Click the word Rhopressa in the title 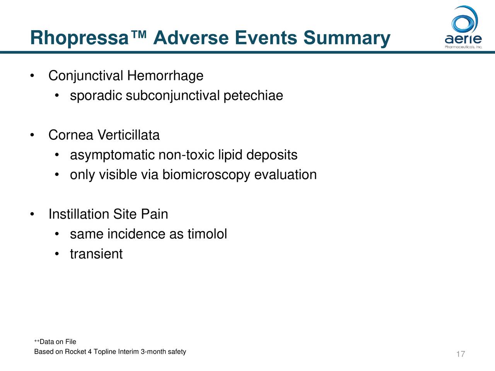point(79,39)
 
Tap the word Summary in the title point(346,39)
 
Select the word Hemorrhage point(165,76)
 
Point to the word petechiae point(253,95)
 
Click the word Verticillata point(128,135)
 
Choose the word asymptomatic point(112,155)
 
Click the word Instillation point(79,214)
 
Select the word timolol point(207,234)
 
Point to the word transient point(96,254)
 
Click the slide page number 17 point(460,354)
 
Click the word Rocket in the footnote point(75,352)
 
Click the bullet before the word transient point(56,254)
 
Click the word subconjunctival point(172,95)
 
